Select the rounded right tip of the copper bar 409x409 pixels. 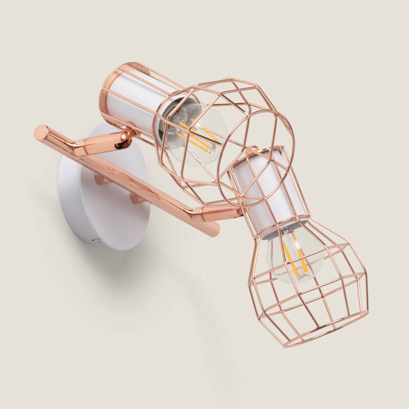214,231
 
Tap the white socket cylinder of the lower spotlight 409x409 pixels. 271,189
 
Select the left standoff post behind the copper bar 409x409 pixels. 102,179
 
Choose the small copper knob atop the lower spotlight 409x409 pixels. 252,151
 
